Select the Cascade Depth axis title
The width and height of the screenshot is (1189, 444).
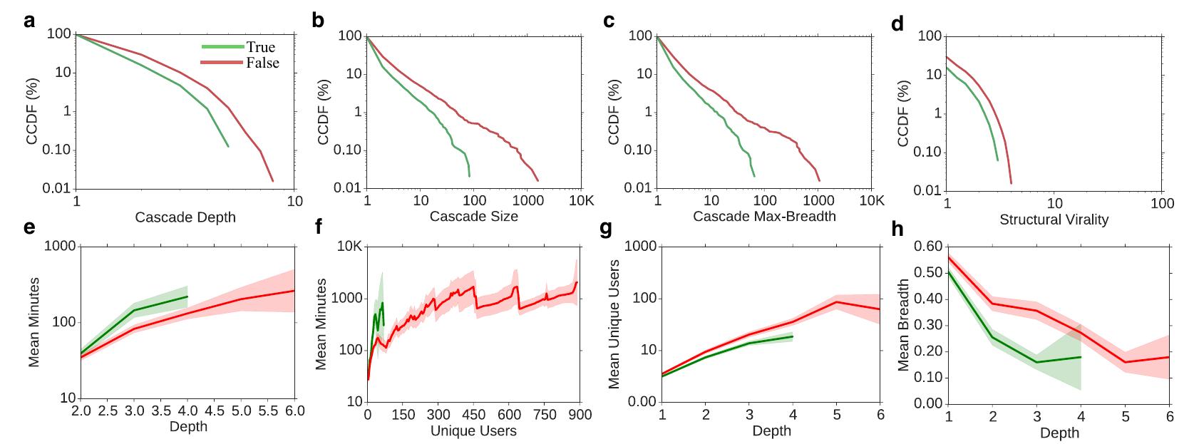point(185,217)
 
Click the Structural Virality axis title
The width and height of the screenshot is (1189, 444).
point(1054,220)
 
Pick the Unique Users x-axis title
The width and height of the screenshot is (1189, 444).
point(473,430)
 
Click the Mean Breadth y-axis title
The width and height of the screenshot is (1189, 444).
point(903,324)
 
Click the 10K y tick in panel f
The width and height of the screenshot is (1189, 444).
point(348,247)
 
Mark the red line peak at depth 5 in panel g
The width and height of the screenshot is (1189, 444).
point(837,302)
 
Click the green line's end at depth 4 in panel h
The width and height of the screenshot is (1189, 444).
point(1081,357)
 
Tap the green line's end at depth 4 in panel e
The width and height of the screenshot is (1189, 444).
point(187,296)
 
